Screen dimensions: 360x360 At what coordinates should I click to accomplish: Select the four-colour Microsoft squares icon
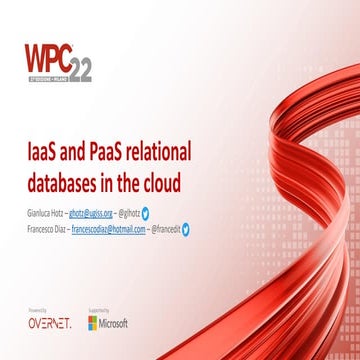click(93, 323)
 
